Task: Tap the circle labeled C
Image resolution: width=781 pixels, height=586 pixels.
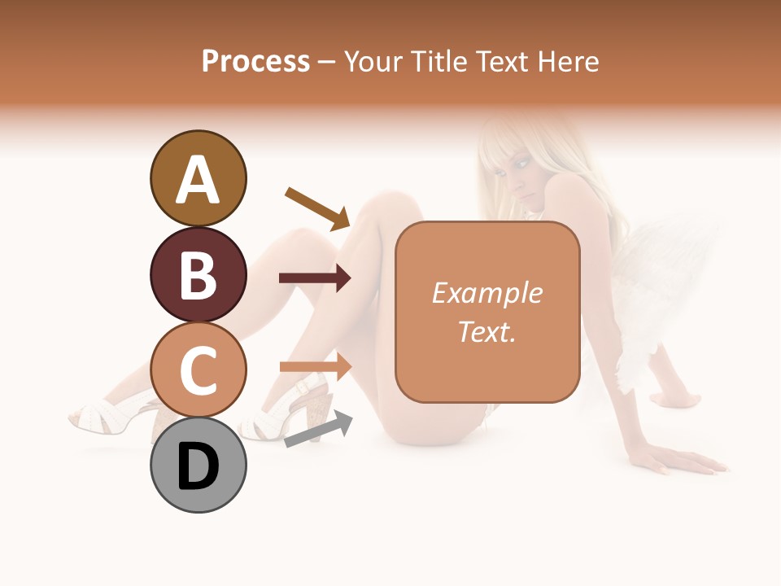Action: pyautogui.click(x=198, y=370)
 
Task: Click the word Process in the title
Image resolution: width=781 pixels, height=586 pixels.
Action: pyautogui.click(x=255, y=62)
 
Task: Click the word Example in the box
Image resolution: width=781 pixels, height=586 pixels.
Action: pyautogui.click(x=486, y=293)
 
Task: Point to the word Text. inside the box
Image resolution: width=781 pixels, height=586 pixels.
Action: pyautogui.click(x=486, y=331)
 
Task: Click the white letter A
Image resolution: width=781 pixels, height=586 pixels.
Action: pyautogui.click(x=198, y=180)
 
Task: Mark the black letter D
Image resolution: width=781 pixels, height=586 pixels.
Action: pyautogui.click(x=198, y=467)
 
